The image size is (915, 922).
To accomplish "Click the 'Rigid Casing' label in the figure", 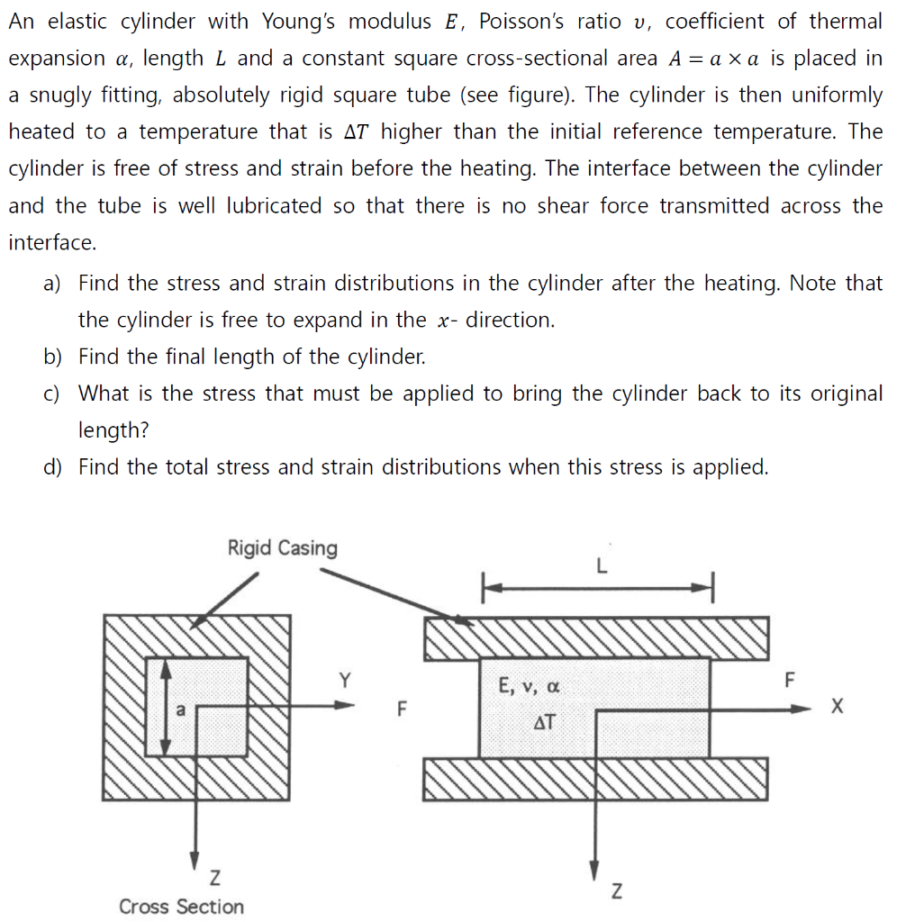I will click(282, 548).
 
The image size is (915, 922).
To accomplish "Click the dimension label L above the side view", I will click(602, 566).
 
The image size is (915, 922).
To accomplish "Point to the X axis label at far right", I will click(838, 708).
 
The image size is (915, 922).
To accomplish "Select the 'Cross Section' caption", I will click(181, 906).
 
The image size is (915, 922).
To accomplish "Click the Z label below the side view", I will click(616, 891).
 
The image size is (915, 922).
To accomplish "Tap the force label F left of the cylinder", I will click(402, 708).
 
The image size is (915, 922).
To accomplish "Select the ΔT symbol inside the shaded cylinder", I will click(544, 721).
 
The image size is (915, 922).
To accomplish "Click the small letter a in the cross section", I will click(179, 709).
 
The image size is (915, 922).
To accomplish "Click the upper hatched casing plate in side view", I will click(596, 637).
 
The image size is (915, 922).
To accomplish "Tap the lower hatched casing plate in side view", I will click(596, 779).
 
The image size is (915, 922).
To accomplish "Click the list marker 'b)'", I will click(52, 357).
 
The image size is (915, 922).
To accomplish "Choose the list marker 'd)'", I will click(52, 467).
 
